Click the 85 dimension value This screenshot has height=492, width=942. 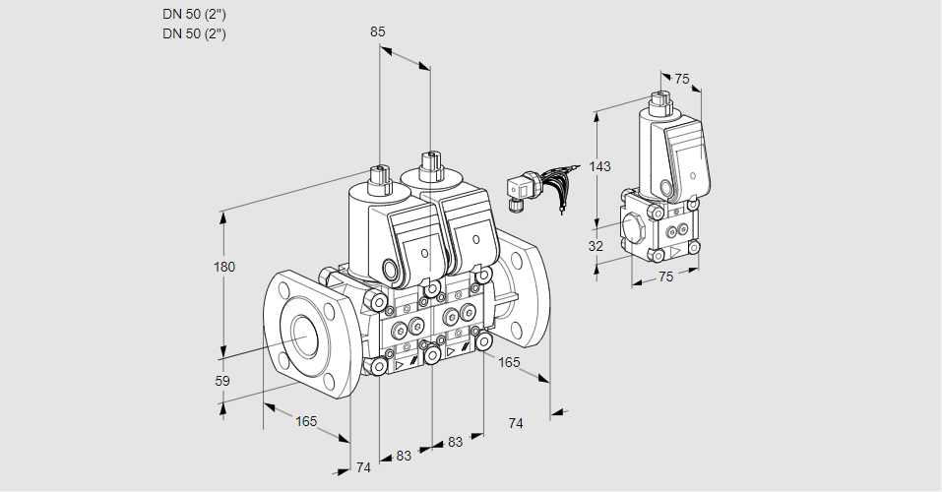(x=378, y=31)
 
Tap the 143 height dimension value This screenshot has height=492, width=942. (x=599, y=166)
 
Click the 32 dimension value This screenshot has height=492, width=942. (x=596, y=246)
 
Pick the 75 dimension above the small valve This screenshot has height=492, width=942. (x=682, y=80)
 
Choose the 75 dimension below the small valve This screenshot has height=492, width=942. (x=665, y=277)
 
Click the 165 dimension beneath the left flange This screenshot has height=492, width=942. (x=306, y=421)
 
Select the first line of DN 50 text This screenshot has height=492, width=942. (x=194, y=14)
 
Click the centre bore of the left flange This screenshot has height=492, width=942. (x=302, y=337)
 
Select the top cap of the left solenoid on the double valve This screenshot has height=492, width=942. (x=378, y=177)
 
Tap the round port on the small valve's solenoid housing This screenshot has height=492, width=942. (x=667, y=187)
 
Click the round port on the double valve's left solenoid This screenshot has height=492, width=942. (x=392, y=270)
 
